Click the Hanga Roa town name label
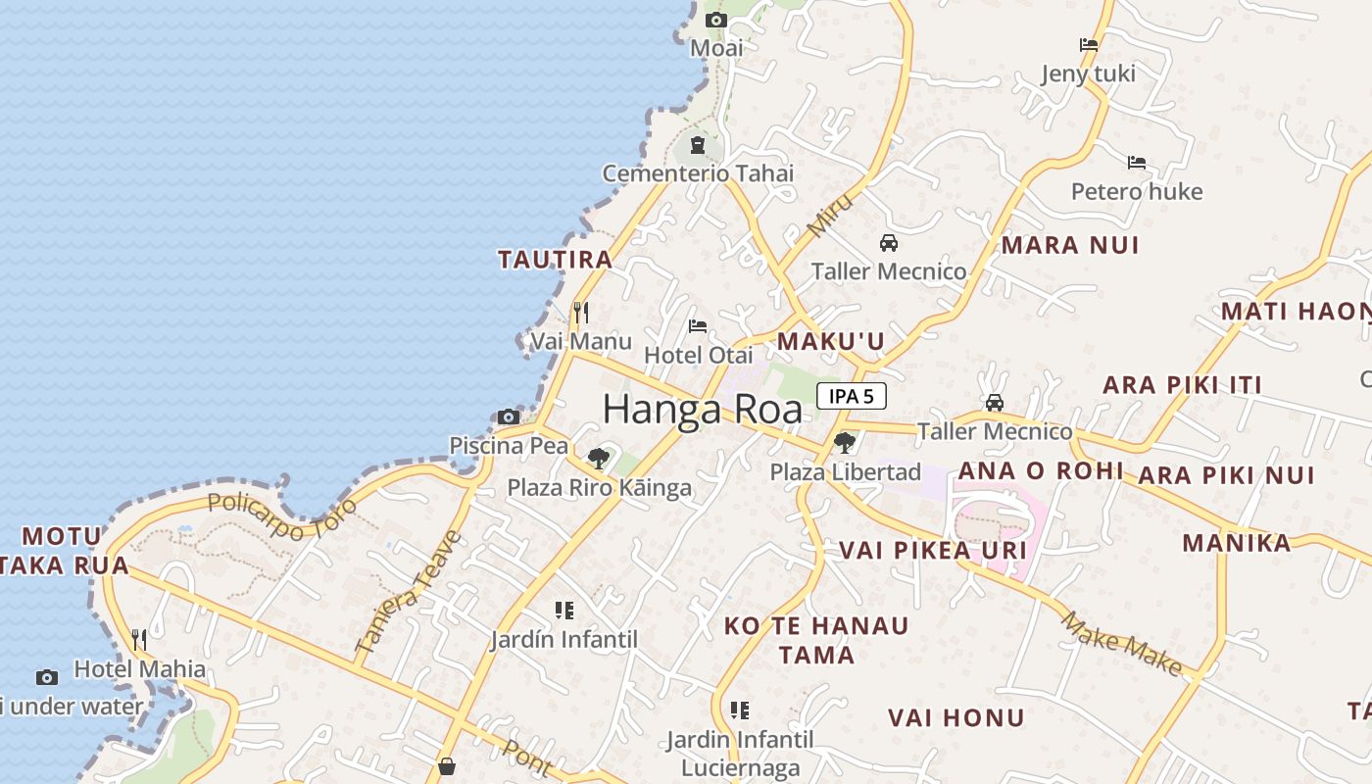[x=702, y=409]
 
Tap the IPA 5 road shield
[x=851, y=396]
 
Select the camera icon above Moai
[x=716, y=20]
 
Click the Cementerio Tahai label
[x=698, y=173]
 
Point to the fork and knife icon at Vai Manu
[x=581, y=313]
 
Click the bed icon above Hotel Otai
[x=698, y=325]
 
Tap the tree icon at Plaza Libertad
[x=844, y=443]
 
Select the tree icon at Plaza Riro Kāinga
[x=598, y=458]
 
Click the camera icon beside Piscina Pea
[x=508, y=416]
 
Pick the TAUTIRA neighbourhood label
[x=555, y=260]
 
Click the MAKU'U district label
[x=831, y=341]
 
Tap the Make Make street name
[x=1121, y=643]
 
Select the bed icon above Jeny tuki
[x=1088, y=45]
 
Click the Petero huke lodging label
[x=1137, y=191]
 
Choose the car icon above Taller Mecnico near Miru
[x=889, y=242]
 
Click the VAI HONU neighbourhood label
[x=955, y=717]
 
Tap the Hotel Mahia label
[x=140, y=669]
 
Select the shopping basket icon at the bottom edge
[x=447, y=765]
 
